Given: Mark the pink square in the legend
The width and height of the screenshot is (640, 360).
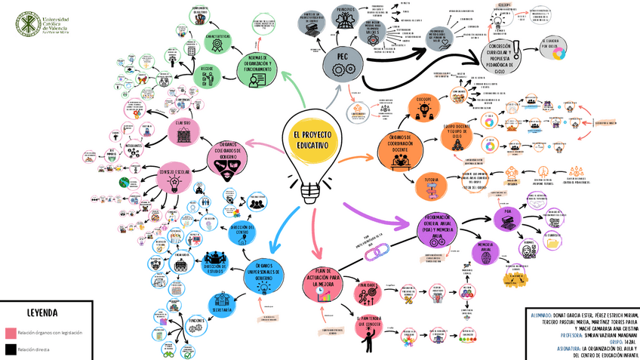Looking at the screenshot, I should tap(11, 333).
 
